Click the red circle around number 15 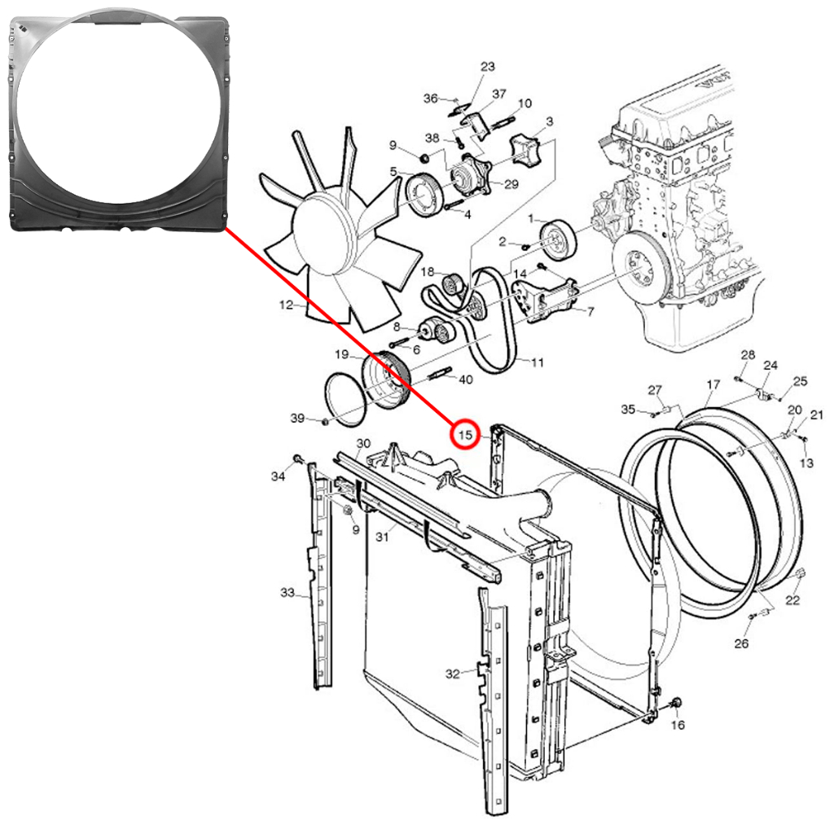tap(465, 435)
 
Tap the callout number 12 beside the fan tap(286, 305)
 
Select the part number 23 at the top tap(487, 67)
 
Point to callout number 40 tap(465, 380)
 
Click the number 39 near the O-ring tap(297, 418)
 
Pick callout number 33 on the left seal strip tap(288, 592)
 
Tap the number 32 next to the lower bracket tap(452, 674)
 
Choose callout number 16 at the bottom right tap(678, 724)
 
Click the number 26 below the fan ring tap(741, 643)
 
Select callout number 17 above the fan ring tap(713, 384)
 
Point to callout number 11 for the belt tap(538, 362)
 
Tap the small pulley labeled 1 tap(559, 241)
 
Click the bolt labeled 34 tap(297, 459)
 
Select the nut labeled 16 tap(677, 703)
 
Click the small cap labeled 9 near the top tap(424, 158)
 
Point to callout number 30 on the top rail tap(363, 443)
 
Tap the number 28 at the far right tap(748, 355)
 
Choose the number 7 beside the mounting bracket tap(590, 312)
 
